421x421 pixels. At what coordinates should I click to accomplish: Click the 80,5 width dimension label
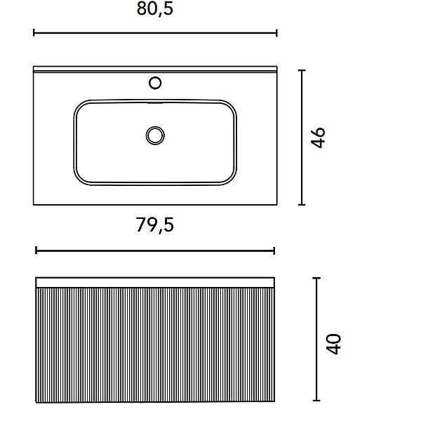click(155, 9)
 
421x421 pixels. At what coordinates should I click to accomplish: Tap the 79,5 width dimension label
click(155, 225)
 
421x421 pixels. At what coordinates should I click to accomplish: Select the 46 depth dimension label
click(318, 138)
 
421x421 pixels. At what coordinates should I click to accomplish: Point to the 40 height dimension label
click(333, 344)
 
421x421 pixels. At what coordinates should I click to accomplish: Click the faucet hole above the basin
click(155, 83)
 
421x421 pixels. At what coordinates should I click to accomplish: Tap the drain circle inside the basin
click(155, 135)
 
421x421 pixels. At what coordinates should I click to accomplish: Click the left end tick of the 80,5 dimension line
click(34, 33)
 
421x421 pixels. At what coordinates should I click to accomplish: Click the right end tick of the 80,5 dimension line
click(276, 33)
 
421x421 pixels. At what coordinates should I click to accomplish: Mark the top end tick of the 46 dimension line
click(302, 70)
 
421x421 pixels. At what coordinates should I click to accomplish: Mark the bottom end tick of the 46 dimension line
click(302, 205)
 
